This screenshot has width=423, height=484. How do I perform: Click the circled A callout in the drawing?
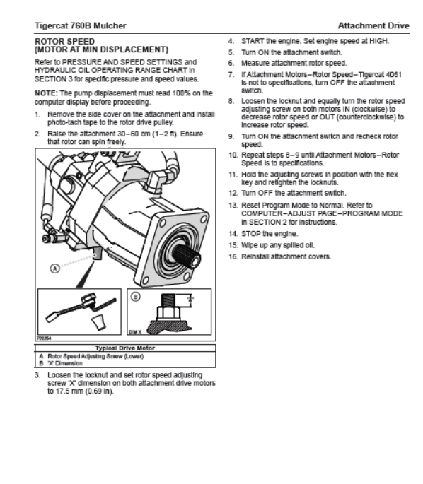click(x=55, y=268)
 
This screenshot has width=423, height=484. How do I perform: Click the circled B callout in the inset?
click(x=136, y=297)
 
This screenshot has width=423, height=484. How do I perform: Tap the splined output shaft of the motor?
click(x=186, y=256)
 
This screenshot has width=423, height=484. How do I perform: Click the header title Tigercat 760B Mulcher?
click(x=81, y=25)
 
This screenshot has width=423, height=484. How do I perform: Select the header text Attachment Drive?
click(x=373, y=25)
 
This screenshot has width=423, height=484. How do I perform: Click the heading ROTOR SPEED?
click(x=65, y=42)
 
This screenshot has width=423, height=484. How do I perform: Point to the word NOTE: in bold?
click(x=46, y=93)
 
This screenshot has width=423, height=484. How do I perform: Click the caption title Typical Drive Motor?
click(x=125, y=348)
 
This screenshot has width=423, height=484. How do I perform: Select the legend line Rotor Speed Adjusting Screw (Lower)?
click(x=95, y=357)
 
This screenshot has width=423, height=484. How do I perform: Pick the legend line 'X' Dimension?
click(x=65, y=363)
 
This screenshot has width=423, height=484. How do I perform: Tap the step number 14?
click(x=233, y=234)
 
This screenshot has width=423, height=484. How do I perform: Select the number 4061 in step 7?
click(x=394, y=75)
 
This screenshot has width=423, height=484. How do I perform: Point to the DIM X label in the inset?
click(x=135, y=332)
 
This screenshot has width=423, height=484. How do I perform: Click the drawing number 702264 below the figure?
click(x=44, y=338)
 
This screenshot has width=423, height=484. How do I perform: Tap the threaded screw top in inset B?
click(x=168, y=300)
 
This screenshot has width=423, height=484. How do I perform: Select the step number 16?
click(x=233, y=256)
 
